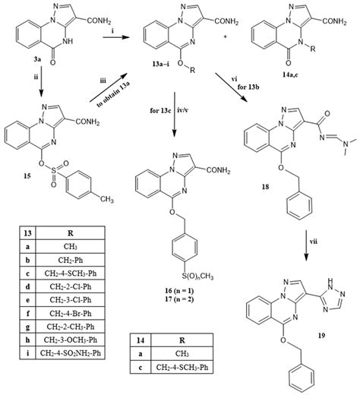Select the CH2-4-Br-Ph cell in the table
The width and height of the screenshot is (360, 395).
pos(67,325)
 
